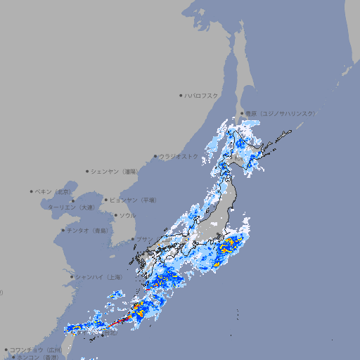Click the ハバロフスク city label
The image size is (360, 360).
(202, 95)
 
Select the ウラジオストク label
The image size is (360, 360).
(179, 156)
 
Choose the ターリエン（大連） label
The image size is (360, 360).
(70, 207)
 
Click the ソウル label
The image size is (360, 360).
(127, 215)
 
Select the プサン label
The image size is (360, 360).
(144, 239)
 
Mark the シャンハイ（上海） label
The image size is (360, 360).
(98, 277)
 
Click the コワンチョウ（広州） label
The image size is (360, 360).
(35, 349)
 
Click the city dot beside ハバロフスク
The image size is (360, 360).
(181, 95)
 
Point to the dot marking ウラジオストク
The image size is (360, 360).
(155, 156)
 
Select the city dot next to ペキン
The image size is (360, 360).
(32, 191)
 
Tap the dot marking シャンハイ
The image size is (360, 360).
(72, 277)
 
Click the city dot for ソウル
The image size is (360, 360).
(115, 215)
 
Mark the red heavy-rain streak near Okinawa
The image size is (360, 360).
(120, 322)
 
